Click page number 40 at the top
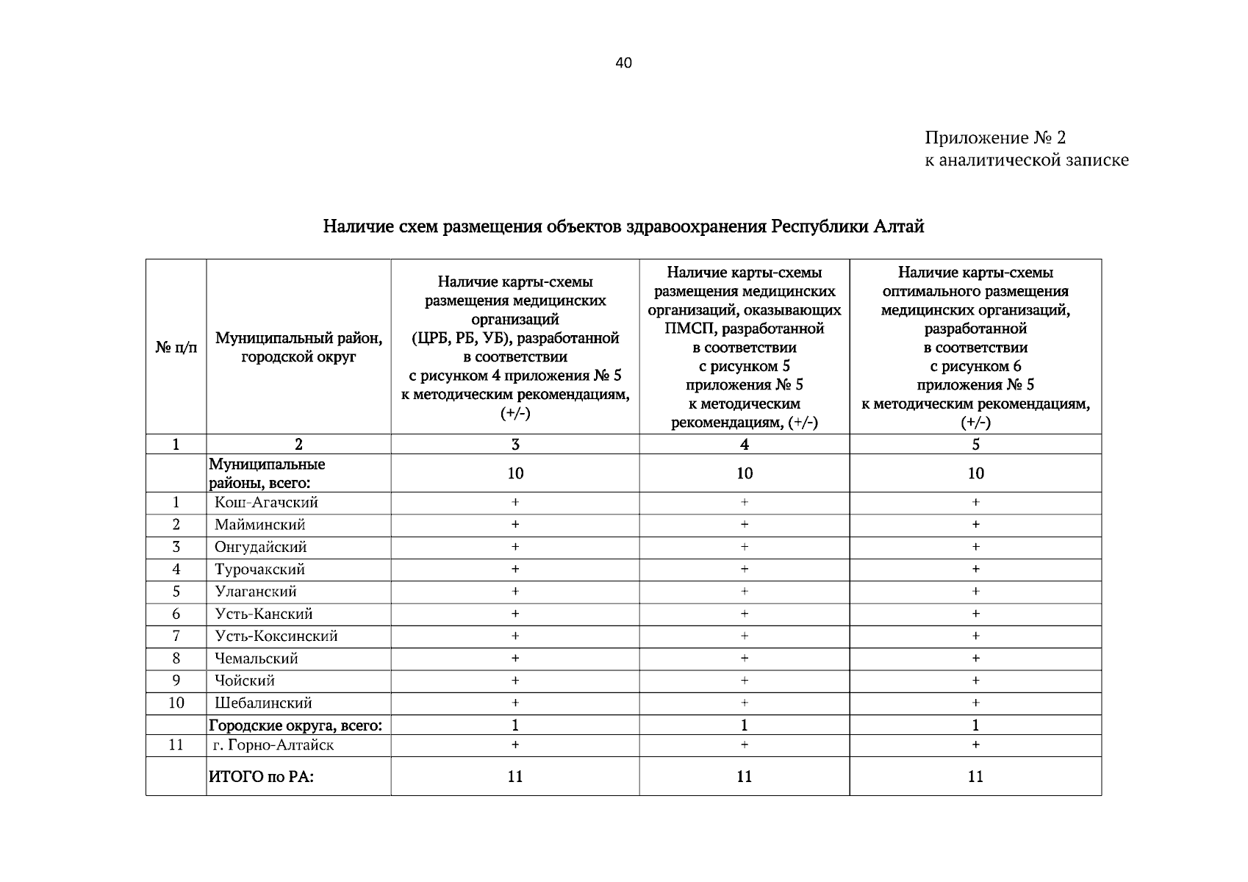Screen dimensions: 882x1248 pyautogui.click(x=623, y=63)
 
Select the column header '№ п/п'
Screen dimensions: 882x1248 pyautogui.click(x=176, y=347)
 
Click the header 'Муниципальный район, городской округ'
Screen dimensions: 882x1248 pyautogui.click(x=298, y=347)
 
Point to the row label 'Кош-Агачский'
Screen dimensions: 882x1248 pyautogui.click(x=266, y=503)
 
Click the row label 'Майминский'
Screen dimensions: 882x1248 pyautogui.click(x=260, y=525)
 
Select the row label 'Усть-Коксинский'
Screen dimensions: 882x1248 pyautogui.click(x=276, y=637)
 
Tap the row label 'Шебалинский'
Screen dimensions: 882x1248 pyautogui.click(x=263, y=703)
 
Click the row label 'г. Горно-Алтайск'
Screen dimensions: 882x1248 pyautogui.click(x=274, y=745)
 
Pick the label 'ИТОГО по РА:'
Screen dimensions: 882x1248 pyautogui.click(x=262, y=777)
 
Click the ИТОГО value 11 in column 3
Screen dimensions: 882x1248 pyautogui.click(x=515, y=777)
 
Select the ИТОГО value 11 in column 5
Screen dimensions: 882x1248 pyautogui.click(x=975, y=777)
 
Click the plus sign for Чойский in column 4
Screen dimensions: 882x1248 pyautogui.click(x=745, y=681)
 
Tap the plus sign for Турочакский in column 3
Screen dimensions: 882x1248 pyautogui.click(x=515, y=570)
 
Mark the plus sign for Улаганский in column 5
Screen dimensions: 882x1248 pyautogui.click(x=975, y=592)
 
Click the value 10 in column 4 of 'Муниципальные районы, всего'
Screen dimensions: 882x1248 pyautogui.click(x=745, y=473)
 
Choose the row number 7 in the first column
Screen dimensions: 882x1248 pyautogui.click(x=176, y=637)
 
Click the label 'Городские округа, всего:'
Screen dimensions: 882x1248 pyautogui.click(x=295, y=725)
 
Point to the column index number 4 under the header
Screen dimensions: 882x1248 pyautogui.click(x=745, y=445)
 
